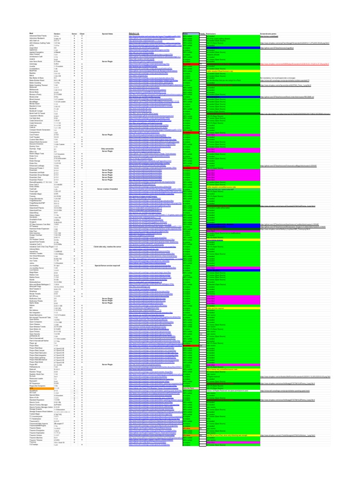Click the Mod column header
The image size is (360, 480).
pyautogui.click(x=31, y=34)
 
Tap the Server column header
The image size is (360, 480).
pyautogui.click(x=74, y=34)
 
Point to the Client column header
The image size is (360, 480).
pyautogui.click(x=82, y=34)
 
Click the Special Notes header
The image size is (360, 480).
pyautogui.click(x=107, y=34)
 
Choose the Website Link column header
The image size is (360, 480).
pyautogui.click(x=135, y=34)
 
